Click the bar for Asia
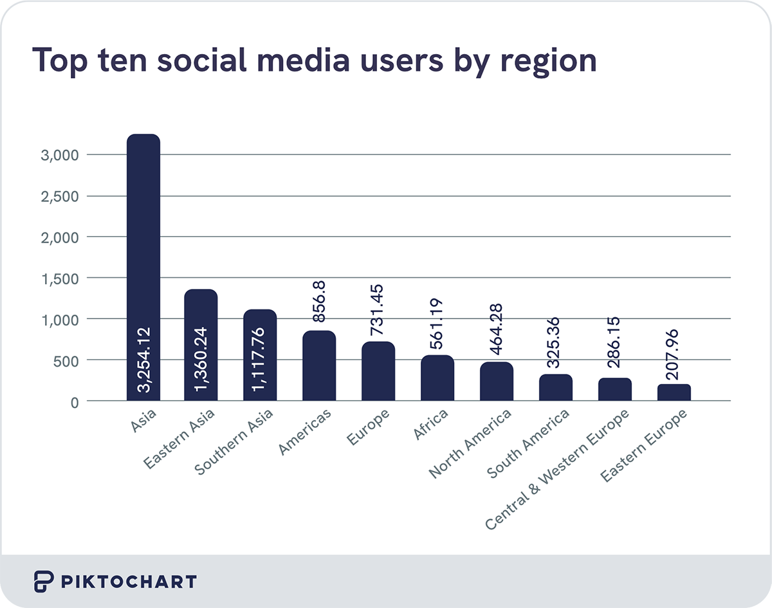(143, 257)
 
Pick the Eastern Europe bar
(674, 393)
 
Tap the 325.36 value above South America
(556, 343)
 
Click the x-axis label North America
(471, 443)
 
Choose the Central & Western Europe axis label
(558, 469)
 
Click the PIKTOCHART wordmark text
(129, 582)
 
